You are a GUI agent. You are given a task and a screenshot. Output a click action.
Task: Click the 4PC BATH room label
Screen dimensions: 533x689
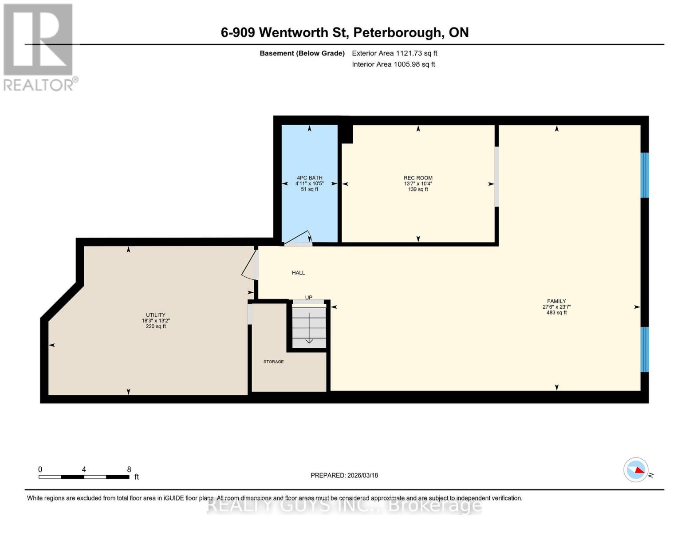[x=309, y=178]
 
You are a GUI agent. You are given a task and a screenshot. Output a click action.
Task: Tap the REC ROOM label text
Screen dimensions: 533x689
[x=418, y=178]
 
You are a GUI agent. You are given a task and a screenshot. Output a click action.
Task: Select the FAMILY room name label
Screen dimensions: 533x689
[x=556, y=301]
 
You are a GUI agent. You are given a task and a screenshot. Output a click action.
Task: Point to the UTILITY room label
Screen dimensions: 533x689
[x=156, y=315]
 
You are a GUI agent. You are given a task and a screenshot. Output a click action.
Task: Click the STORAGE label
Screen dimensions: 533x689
[x=273, y=362]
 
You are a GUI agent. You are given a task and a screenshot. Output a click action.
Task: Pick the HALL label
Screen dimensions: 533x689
[x=298, y=273]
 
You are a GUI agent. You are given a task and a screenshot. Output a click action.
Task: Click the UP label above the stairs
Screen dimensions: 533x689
[x=309, y=298]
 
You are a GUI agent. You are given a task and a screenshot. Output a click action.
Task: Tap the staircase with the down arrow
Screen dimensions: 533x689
[x=309, y=327]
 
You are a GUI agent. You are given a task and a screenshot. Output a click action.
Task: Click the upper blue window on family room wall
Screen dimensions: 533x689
[x=645, y=175]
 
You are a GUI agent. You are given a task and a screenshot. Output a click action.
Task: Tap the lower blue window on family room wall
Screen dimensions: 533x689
[x=645, y=350]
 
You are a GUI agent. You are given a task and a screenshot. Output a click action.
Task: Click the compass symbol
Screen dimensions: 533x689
[x=636, y=469]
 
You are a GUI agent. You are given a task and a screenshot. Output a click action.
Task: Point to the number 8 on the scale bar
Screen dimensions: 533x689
[x=129, y=469]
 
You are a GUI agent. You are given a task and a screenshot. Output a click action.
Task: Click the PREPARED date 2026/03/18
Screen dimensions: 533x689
[x=344, y=475]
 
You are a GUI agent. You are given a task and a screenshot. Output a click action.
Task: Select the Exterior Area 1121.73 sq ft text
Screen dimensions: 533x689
[x=394, y=53]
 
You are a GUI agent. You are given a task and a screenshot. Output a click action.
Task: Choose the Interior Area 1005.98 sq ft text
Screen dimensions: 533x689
[x=393, y=64]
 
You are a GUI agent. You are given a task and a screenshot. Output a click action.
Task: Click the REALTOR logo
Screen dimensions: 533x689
[x=39, y=47]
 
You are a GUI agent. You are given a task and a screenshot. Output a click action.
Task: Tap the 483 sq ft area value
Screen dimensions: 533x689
[x=556, y=313]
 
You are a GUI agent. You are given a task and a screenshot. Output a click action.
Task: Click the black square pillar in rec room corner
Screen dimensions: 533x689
[x=346, y=134]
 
